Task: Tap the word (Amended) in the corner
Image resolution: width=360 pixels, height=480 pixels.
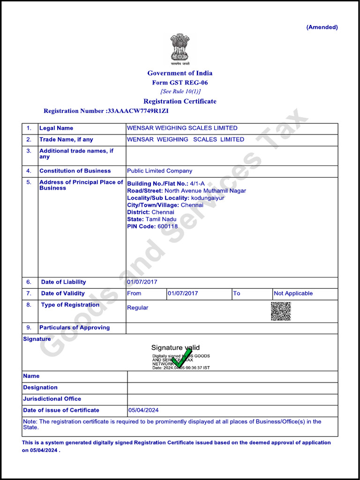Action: tap(322, 27)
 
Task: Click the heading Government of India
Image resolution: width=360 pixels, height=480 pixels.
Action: tap(180, 73)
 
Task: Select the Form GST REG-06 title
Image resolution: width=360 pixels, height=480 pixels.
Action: tap(180, 82)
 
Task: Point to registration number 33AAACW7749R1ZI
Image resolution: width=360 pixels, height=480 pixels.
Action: tap(138, 111)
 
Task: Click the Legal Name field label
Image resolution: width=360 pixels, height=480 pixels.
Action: tap(56, 128)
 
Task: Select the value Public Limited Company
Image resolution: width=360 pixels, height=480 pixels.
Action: tap(159, 171)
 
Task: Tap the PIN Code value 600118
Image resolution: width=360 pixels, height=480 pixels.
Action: tap(168, 226)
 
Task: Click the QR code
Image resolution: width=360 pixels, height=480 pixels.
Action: tap(281, 311)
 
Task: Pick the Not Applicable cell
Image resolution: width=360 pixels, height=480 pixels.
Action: tap(293, 293)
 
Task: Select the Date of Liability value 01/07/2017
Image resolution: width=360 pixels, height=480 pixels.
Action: tap(142, 282)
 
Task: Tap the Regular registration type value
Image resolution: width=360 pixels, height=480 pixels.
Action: tap(137, 308)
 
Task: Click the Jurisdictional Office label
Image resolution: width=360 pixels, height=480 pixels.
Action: tap(52, 399)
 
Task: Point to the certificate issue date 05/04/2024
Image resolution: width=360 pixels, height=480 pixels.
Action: tap(143, 410)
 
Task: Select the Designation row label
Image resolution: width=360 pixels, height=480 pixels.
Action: tap(40, 388)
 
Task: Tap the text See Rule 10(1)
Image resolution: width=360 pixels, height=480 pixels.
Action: tap(180, 91)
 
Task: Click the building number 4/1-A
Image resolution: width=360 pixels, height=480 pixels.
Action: tap(197, 184)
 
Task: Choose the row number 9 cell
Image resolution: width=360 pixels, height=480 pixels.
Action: tap(29, 328)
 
